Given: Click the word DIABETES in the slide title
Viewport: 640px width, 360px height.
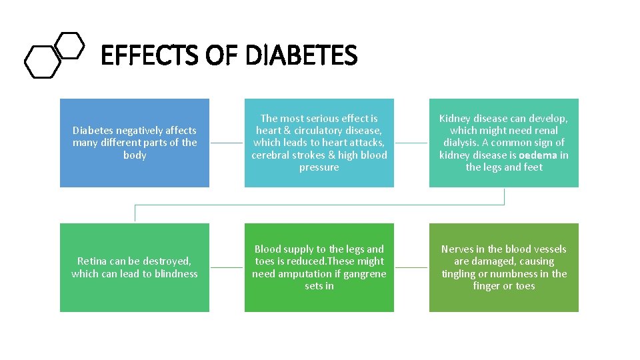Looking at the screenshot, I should [301, 56].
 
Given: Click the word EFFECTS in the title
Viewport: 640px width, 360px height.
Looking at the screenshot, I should [150, 56].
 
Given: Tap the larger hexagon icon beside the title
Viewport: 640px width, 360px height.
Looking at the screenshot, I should [42, 61].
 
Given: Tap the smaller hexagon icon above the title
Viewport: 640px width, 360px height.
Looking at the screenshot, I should [69, 45].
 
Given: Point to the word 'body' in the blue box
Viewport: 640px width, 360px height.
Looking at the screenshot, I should [135, 155].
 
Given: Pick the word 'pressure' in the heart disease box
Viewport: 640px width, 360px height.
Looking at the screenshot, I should [319, 167].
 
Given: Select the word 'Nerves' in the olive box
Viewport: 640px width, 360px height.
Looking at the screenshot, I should [457, 249].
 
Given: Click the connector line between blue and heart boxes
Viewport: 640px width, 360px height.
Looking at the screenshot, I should [227, 143].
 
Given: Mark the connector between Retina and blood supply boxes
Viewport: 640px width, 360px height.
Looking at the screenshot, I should [227, 267].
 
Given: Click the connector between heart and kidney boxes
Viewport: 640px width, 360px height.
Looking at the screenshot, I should [411, 143].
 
